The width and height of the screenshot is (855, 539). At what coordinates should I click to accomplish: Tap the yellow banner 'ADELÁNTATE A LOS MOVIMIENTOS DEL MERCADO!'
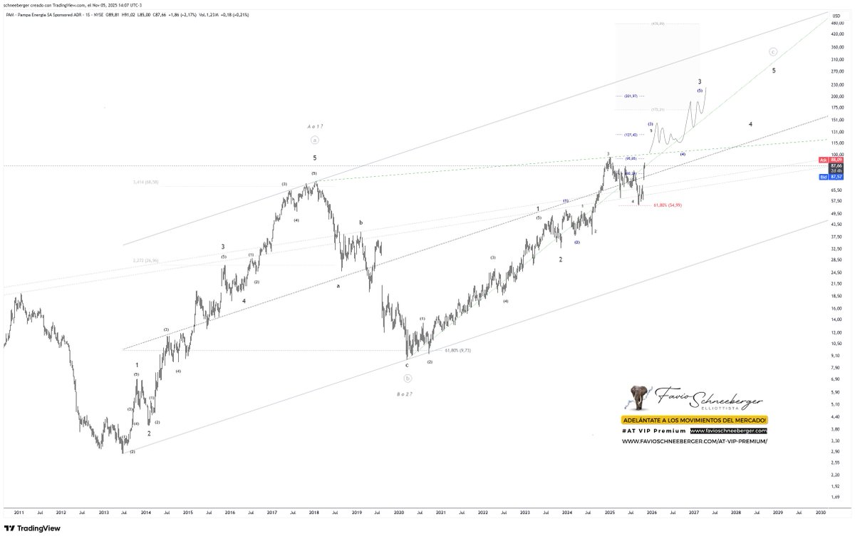[694, 420]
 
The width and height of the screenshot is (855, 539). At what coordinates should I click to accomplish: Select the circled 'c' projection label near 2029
[773, 51]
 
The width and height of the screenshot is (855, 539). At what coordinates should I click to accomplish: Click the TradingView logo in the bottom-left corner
[31, 528]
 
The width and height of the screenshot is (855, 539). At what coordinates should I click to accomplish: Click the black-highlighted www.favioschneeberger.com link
[728, 431]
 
